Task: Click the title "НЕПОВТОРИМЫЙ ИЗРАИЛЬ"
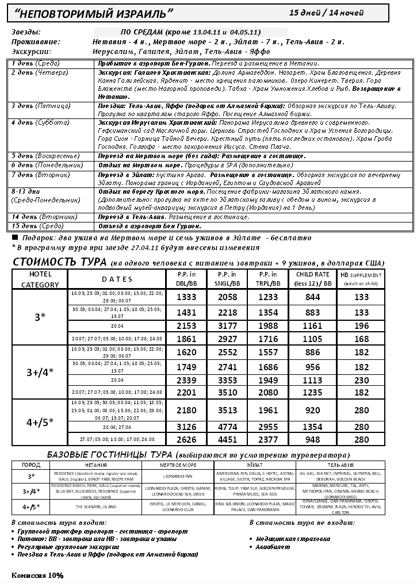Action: [x=93, y=13]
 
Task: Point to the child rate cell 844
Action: [x=312, y=297]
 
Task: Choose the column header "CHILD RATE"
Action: [x=312, y=274]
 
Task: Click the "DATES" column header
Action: [x=117, y=279]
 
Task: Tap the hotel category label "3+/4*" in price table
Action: [x=40, y=371]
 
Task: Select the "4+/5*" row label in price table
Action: [x=40, y=421]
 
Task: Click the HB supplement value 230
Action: [x=362, y=380]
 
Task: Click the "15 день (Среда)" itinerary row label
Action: [x=35, y=226]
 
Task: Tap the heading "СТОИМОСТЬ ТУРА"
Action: [x=59, y=263]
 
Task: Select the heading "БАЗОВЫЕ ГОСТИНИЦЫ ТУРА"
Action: [x=106, y=454]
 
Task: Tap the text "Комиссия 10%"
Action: [x=37, y=574]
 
